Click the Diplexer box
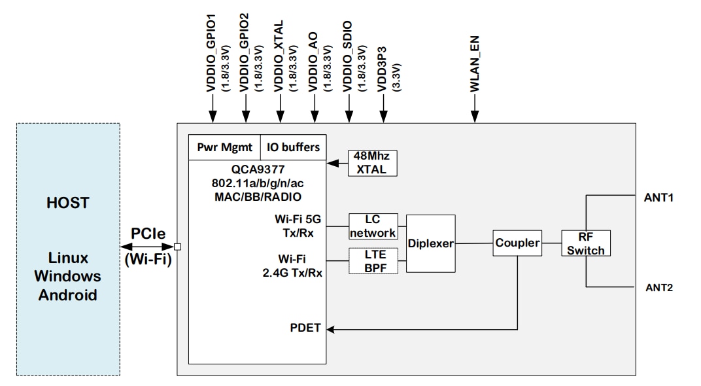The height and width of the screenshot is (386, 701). pos(430,243)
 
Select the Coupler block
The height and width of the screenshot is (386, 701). pos(517,243)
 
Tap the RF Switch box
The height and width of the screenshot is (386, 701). pos(585,243)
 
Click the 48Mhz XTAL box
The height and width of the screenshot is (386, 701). pos(371,163)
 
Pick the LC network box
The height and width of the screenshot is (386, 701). pos(372,226)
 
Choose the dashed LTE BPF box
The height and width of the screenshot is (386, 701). pos(372,260)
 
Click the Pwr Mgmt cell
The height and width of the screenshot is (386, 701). pos(225,147)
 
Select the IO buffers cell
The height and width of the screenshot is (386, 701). pos(293,147)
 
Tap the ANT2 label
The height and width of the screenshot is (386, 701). pos(658,287)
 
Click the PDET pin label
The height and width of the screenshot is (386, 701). pos(305,328)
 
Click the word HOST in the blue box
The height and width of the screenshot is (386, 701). pos(68,203)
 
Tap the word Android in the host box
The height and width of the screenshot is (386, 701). pos(68,295)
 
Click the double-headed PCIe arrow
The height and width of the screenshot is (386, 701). pos(148,247)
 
